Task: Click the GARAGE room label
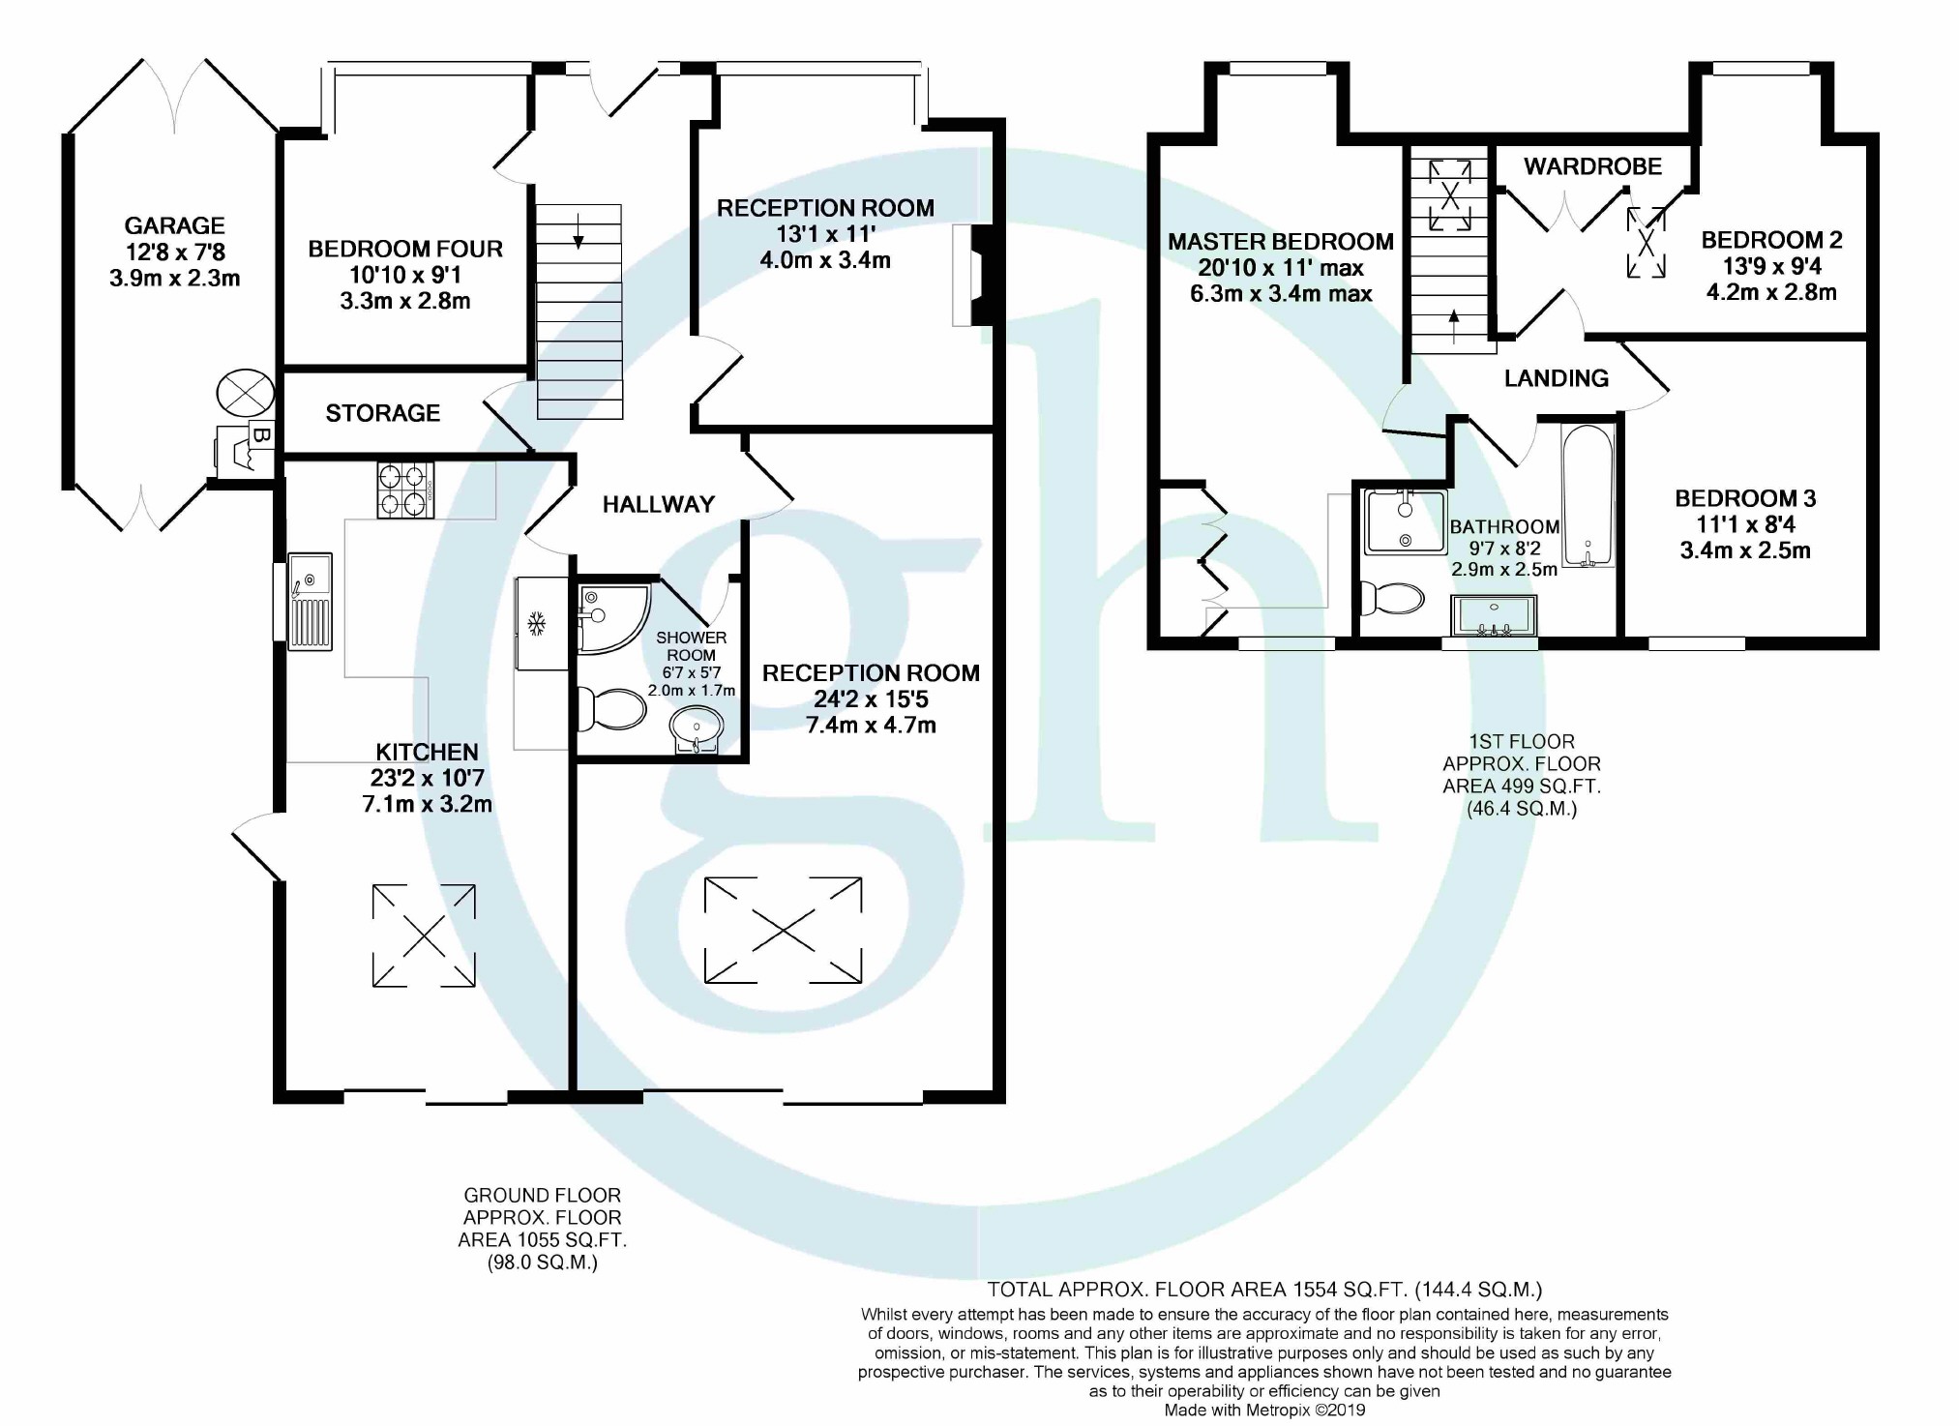click(174, 226)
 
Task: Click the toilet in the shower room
click(610, 708)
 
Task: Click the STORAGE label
click(383, 414)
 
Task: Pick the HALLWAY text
click(659, 504)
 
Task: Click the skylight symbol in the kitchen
click(424, 935)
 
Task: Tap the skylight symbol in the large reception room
click(783, 931)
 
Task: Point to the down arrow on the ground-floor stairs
click(578, 229)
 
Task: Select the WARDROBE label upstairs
click(1592, 166)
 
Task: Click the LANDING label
click(1556, 378)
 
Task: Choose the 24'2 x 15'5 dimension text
click(871, 699)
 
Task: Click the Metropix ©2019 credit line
click(1264, 1411)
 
